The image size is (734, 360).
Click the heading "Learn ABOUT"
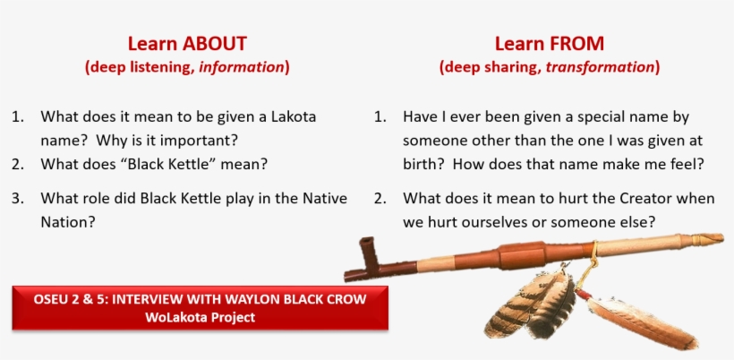pyautogui.click(x=187, y=44)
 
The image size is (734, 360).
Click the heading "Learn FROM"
pyautogui.click(x=550, y=44)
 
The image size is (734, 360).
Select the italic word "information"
pyautogui.click(x=242, y=67)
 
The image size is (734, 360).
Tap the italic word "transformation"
pyautogui.click(x=600, y=67)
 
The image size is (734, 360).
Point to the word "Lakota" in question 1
pyautogui.click(x=294, y=116)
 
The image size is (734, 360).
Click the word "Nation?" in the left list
pyautogui.click(x=68, y=222)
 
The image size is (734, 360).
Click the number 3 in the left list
pyautogui.click(x=17, y=198)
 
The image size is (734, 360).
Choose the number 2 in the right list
pyautogui.click(x=380, y=198)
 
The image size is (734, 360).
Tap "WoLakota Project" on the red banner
pyautogui.click(x=200, y=317)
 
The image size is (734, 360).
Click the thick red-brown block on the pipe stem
pyautogui.click(x=521, y=255)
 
